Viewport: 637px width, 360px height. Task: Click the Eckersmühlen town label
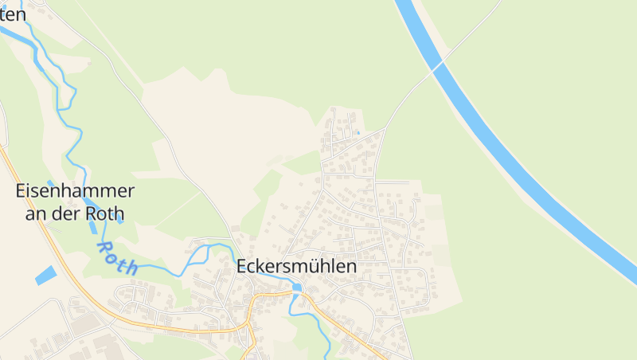[296, 267]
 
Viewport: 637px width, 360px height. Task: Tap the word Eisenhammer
[75, 191]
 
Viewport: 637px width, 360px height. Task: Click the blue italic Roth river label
[117, 257]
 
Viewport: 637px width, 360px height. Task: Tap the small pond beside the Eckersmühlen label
[298, 287]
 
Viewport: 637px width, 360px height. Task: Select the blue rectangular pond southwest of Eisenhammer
[46, 276]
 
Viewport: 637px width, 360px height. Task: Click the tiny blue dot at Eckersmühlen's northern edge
[358, 132]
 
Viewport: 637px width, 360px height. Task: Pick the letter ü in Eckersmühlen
[314, 267]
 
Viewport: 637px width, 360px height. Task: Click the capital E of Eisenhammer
[21, 191]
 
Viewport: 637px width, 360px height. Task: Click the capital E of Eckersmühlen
[242, 267]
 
